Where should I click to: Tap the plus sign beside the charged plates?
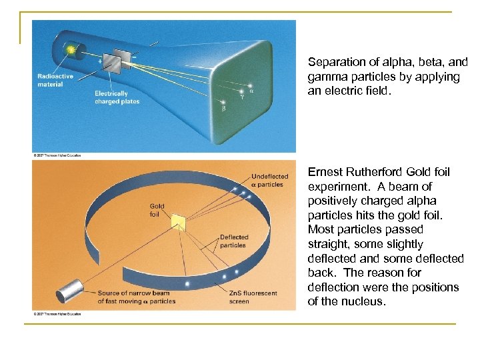[100, 61]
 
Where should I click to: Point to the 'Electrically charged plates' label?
[116, 97]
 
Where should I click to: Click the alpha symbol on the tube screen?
[251, 92]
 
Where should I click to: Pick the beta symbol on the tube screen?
[223, 108]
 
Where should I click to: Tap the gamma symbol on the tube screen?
[242, 97]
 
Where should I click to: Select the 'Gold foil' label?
[157, 210]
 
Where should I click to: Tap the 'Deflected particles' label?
[233, 241]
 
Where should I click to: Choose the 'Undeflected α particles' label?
[267, 180]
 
